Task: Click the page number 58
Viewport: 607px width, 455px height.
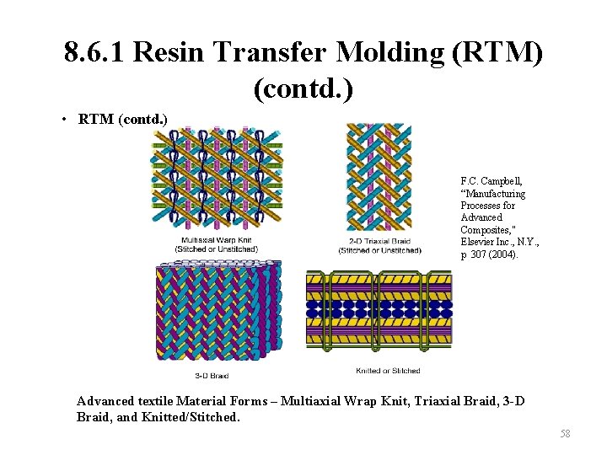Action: (565, 433)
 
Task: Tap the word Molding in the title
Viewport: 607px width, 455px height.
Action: (389, 54)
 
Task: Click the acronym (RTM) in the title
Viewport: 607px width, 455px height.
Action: (497, 54)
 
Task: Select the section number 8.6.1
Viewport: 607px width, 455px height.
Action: (93, 54)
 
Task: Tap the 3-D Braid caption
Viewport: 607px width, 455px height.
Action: (212, 375)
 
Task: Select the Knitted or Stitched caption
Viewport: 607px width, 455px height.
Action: (389, 370)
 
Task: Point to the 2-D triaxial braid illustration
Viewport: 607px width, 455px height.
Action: (379, 177)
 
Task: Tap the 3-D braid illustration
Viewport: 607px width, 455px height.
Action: (218, 312)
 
